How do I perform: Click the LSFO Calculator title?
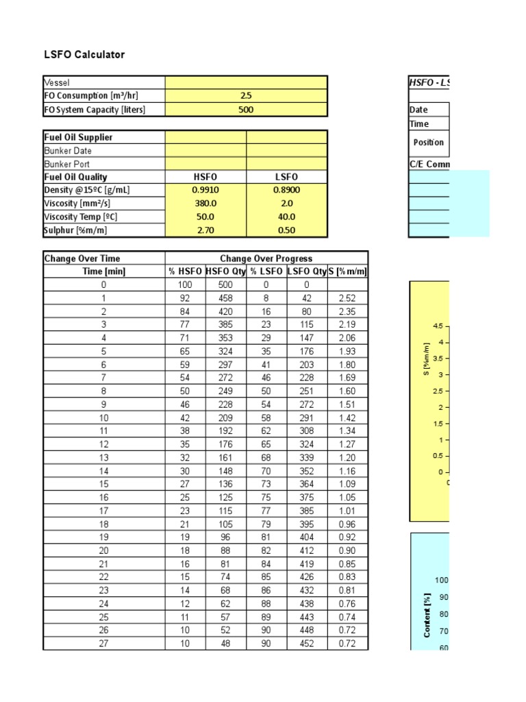pos(84,55)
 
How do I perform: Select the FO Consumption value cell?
pos(246,96)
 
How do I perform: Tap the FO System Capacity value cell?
pos(246,110)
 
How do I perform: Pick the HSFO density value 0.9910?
pos(206,190)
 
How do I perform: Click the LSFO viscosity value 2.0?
pos(287,204)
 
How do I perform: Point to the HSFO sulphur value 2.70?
pos(206,230)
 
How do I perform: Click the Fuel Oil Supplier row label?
pos(78,137)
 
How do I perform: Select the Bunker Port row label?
pos(67,164)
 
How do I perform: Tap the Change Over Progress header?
pos(266,258)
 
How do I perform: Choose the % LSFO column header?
pos(266,271)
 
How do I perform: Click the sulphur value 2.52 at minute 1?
pos(347,298)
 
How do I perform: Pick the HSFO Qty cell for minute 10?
pos(226,417)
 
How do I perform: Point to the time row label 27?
pos(104,643)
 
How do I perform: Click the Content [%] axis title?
pos(427,616)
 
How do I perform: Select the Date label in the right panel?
pos(418,110)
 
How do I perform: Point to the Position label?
pos(429,143)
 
